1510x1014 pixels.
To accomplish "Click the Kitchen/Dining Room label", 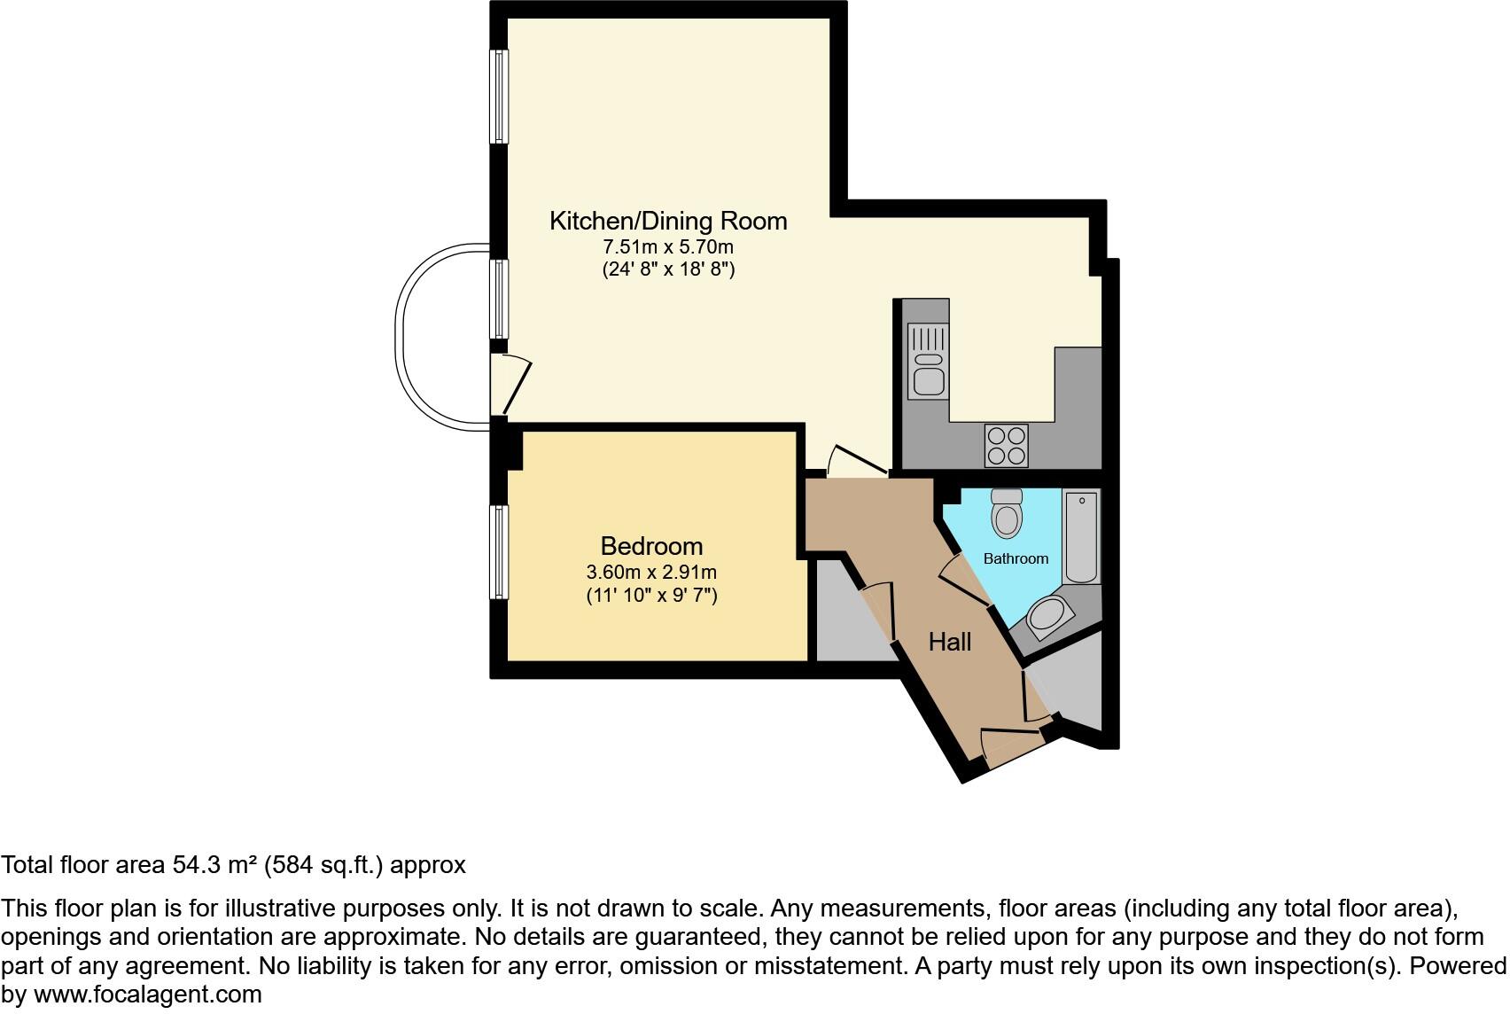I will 668,221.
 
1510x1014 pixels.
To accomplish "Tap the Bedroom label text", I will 651,546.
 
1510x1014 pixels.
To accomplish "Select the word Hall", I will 950,642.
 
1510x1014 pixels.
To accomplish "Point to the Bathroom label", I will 1016,558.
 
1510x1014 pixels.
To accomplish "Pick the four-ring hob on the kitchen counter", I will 1007,446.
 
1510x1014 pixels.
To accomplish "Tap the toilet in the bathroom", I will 1007,514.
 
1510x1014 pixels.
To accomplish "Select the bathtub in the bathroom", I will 1082,537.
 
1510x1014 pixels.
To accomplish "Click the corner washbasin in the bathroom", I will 1049,614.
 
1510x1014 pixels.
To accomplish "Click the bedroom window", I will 501,552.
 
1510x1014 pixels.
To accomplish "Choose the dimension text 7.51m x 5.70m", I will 668,246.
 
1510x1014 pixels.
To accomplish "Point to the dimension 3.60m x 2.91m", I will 651,572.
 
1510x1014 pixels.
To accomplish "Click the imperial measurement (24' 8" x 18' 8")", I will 668,269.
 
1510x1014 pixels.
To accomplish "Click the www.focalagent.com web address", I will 148,994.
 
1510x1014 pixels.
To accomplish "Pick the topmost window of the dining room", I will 501,96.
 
